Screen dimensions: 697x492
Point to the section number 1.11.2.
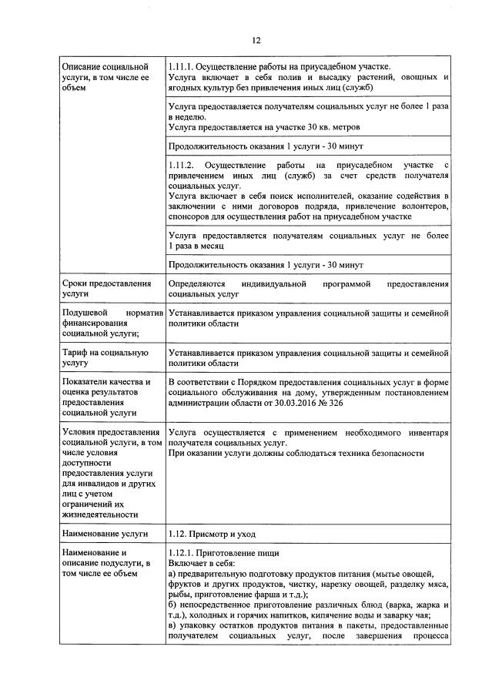coord(182,166)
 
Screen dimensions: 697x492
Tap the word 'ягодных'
coord(185,89)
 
